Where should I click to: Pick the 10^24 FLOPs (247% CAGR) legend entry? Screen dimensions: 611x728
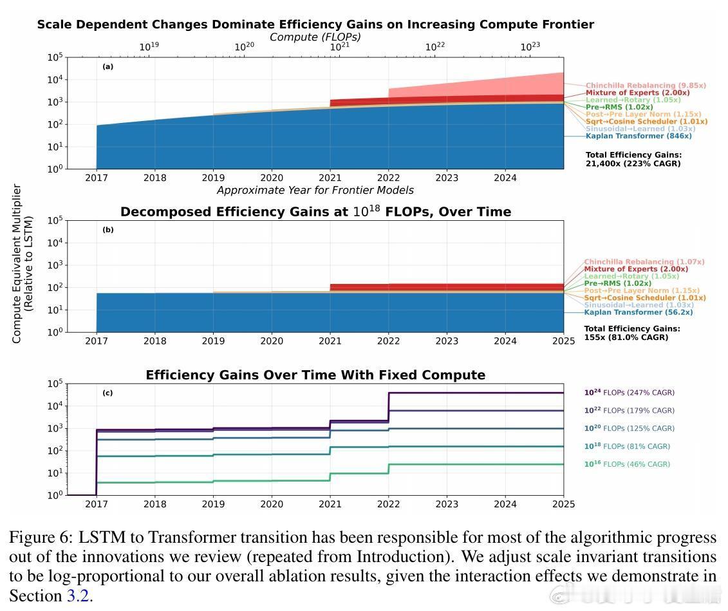[x=629, y=392]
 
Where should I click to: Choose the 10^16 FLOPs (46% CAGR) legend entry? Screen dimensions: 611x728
[x=626, y=464]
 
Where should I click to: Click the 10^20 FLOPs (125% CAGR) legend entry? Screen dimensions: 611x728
[x=629, y=428]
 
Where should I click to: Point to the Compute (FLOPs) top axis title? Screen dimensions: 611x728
[x=315, y=37]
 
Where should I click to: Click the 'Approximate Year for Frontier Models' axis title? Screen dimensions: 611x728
[x=315, y=190]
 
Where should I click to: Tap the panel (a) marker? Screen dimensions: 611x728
[x=107, y=67]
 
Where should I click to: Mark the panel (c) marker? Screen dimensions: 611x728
[x=107, y=393]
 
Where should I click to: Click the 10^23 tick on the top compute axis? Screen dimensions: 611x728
[x=530, y=47]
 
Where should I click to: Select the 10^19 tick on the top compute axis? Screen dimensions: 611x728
[x=149, y=47]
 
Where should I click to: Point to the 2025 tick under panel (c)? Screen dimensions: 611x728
[x=563, y=504]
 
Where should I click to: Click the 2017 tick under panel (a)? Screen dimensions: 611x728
[x=97, y=178]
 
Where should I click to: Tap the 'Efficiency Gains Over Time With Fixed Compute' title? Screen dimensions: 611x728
[x=315, y=375]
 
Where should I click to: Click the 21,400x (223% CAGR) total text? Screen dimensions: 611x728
[x=633, y=164]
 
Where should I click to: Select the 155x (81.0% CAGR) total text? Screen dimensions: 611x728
[x=626, y=337]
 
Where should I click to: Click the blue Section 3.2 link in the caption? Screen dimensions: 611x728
[x=77, y=596]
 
